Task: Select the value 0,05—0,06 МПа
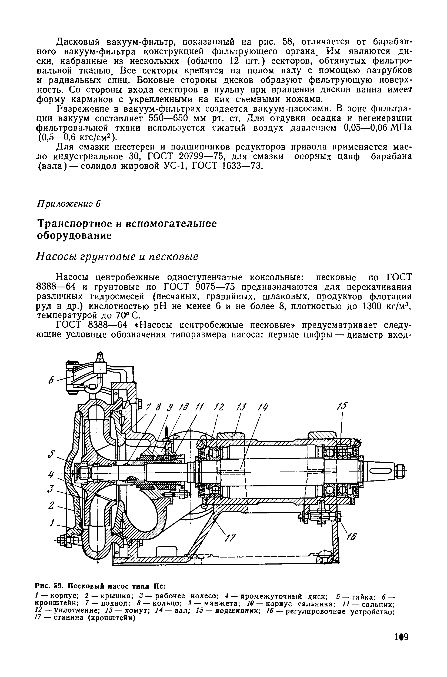(x=376, y=128)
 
